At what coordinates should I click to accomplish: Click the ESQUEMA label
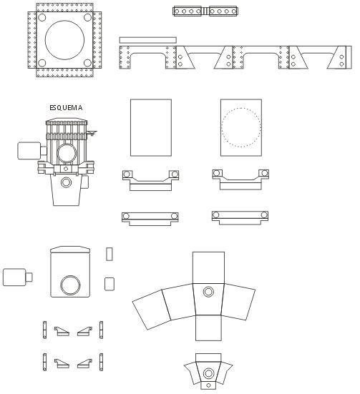click(x=66, y=107)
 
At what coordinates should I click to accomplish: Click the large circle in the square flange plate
click(x=64, y=21)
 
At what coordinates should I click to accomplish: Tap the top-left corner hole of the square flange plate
click(x=42, y=18)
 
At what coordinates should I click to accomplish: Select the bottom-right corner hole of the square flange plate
click(x=87, y=62)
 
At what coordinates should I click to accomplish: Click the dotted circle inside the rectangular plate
click(x=241, y=108)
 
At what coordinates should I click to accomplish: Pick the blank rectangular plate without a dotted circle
click(x=151, y=128)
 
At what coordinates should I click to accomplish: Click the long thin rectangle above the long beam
click(x=148, y=40)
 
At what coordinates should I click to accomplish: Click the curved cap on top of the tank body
click(x=70, y=250)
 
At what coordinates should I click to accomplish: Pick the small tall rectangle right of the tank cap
click(x=110, y=254)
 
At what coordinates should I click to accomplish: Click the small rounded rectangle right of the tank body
click(x=110, y=284)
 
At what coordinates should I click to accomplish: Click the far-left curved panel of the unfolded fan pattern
click(x=152, y=310)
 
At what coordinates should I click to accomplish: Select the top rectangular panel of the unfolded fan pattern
click(x=208, y=268)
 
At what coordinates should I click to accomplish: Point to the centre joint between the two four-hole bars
click(x=205, y=11)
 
